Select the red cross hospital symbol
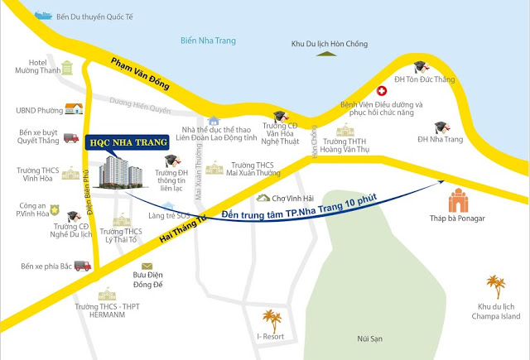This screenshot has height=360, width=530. [x=383, y=91]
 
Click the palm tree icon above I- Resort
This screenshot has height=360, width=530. [x=270, y=319]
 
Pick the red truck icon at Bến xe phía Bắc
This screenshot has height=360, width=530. [x=81, y=266]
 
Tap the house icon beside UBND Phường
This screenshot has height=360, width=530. [x=74, y=108]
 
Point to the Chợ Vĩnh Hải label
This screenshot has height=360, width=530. [x=291, y=198]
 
